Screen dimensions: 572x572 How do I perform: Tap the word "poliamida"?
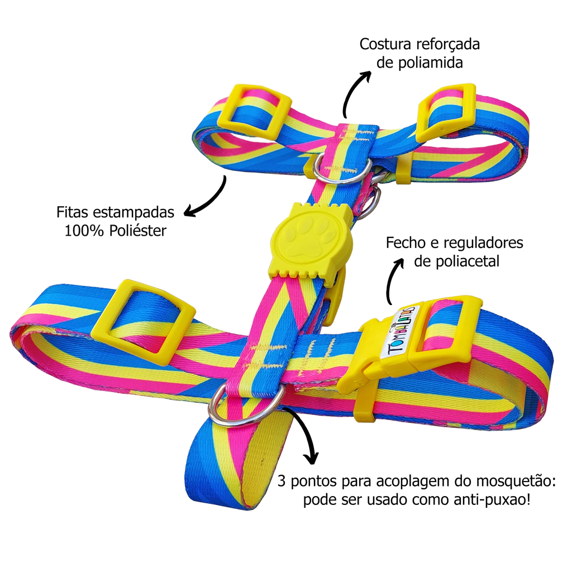coord(428,62)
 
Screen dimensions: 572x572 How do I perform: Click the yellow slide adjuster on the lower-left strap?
coord(151,321)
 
